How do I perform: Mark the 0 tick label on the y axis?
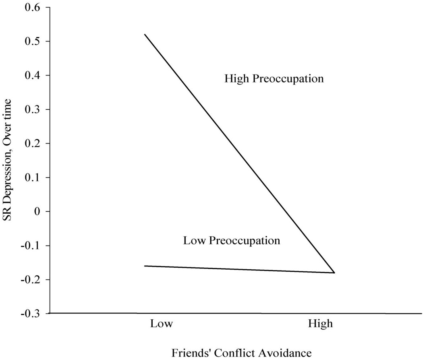pyautogui.click(x=39, y=211)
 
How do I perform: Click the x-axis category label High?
pyautogui.click(x=320, y=324)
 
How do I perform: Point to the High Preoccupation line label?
pyautogui.click(x=274, y=79)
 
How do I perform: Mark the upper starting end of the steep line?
pyautogui.click(x=145, y=35)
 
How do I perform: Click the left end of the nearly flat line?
pyautogui.click(x=145, y=266)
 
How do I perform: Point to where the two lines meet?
pyautogui.click(x=334, y=273)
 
